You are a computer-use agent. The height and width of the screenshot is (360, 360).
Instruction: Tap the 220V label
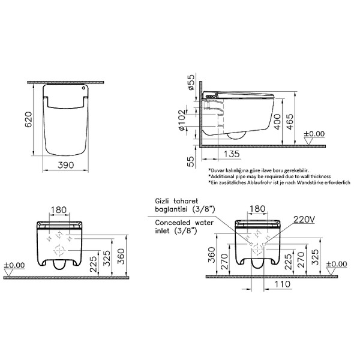[304, 220]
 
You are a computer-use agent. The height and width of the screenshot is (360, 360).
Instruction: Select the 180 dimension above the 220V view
[257, 209]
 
